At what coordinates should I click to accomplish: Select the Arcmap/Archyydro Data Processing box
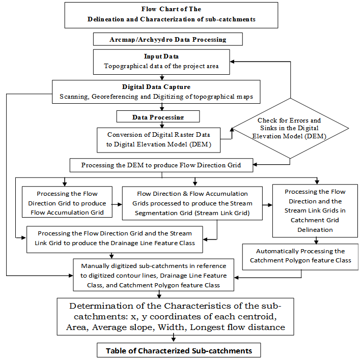point(168,39)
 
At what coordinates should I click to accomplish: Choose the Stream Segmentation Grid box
point(192,203)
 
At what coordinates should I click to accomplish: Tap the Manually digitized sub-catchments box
point(153,275)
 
